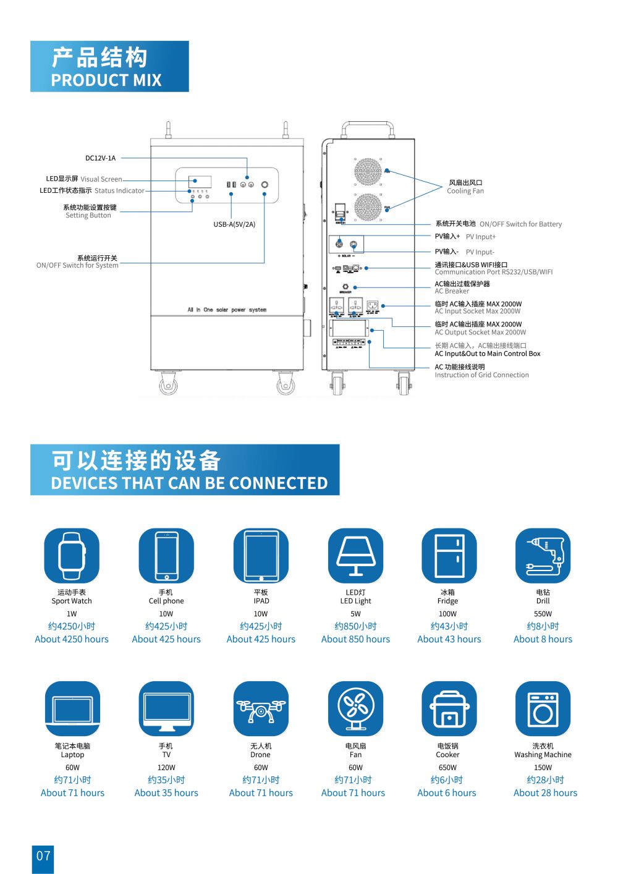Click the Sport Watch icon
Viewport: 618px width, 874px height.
pyautogui.click(x=72, y=556)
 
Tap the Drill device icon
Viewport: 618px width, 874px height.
pyautogui.click(x=543, y=556)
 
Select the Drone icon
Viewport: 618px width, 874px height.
pyautogui.click(x=261, y=709)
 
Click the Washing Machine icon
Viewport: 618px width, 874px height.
pyautogui.click(x=543, y=709)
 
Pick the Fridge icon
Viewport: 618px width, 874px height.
pyautogui.click(x=449, y=556)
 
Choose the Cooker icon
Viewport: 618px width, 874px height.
pyautogui.click(x=449, y=709)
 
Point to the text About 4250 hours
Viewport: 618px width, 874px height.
pyautogui.click(x=72, y=639)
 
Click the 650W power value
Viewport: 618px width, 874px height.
pyautogui.click(x=447, y=768)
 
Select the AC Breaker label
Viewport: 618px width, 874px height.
pyautogui.click(x=452, y=291)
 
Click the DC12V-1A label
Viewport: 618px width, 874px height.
pyautogui.click(x=100, y=158)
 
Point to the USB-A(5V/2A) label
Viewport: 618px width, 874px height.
pyautogui.click(x=234, y=224)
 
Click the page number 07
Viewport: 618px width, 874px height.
pyautogui.click(x=43, y=856)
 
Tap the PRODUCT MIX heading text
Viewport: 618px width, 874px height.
pyautogui.click(x=106, y=80)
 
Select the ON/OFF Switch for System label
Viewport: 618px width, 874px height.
pyautogui.click(x=77, y=266)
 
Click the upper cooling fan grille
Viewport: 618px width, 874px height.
pyautogui.click(x=368, y=171)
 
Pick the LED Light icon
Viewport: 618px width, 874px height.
pyautogui.click(x=355, y=556)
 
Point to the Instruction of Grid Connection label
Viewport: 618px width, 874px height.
pyautogui.click(x=481, y=375)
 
